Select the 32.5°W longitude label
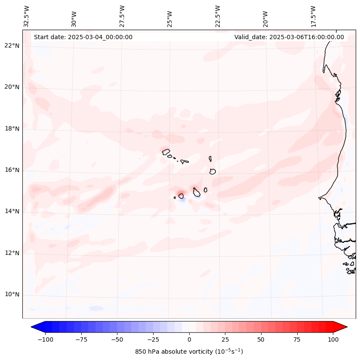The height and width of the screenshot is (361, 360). click(27, 16)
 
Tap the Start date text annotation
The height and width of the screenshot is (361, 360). click(83, 37)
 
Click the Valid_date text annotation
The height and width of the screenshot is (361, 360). click(289, 37)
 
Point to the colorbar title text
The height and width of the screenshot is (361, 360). click(189, 352)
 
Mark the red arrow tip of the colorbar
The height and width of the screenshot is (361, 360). click(345, 327)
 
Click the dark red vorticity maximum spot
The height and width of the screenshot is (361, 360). click(180, 192)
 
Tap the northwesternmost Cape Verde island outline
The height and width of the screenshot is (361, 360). click(166, 151)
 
